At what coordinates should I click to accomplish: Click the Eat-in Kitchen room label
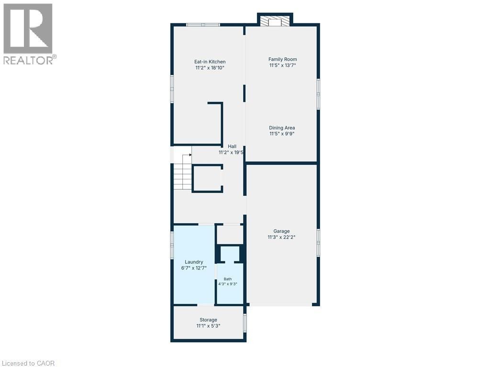click(x=210, y=62)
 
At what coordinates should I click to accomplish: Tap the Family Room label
click(x=282, y=59)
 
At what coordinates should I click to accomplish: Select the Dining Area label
click(x=282, y=128)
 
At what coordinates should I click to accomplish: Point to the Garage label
click(x=281, y=231)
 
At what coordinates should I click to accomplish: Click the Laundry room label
click(x=194, y=262)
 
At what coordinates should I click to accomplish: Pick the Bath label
click(x=228, y=279)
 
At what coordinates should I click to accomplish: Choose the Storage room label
click(x=209, y=320)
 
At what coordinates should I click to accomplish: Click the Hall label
click(x=232, y=146)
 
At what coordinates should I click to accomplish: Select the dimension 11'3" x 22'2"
click(x=281, y=237)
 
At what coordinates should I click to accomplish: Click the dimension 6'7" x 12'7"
click(x=194, y=268)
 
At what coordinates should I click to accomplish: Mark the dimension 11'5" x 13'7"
click(x=282, y=65)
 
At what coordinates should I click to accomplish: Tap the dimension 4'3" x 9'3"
click(x=228, y=284)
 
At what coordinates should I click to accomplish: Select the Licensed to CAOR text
click(x=27, y=363)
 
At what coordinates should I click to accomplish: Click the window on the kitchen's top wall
click(x=203, y=25)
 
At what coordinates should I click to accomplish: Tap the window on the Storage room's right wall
click(x=245, y=323)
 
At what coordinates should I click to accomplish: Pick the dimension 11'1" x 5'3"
click(x=209, y=326)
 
